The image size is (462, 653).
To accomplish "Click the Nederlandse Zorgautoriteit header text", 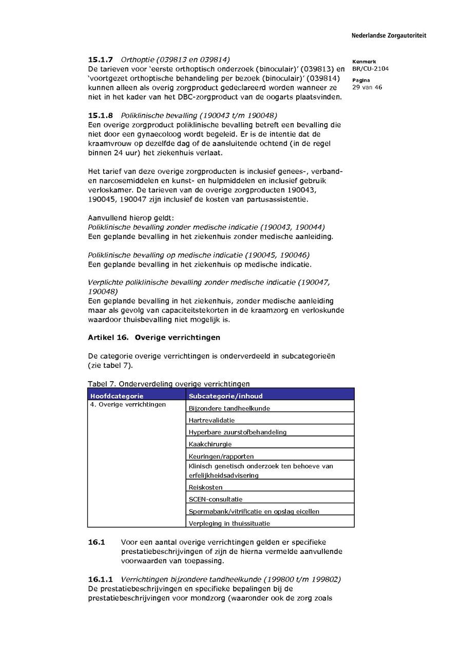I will pyautogui.click(x=389, y=36).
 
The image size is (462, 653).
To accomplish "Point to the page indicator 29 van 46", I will pyautogui.click(x=367, y=87).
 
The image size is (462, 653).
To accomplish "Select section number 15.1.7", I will pyautogui.click(x=101, y=60).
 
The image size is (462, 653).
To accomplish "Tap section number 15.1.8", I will pyautogui.click(x=101, y=115).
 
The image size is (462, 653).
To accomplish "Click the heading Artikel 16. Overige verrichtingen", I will pyautogui.click(x=154, y=338).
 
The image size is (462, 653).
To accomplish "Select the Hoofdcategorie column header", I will pyautogui.click(x=117, y=396).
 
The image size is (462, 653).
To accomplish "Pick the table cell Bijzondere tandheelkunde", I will pyautogui.click(x=229, y=408).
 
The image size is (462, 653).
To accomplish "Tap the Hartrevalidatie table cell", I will pyautogui.click(x=211, y=420).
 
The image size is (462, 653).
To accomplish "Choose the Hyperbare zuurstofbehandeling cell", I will pyautogui.click(x=237, y=432).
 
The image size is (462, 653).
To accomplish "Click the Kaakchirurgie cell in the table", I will pyautogui.click(x=210, y=444).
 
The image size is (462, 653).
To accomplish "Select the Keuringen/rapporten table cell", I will pyautogui.click(x=221, y=456).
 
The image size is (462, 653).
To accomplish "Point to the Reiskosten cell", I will pyautogui.click(x=205, y=487).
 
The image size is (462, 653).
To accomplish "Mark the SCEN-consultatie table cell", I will pyautogui.click(x=216, y=499).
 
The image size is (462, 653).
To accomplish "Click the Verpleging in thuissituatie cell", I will pyautogui.click(x=229, y=523).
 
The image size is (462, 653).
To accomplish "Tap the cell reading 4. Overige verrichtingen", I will pyautogui.click(x=128, y=405).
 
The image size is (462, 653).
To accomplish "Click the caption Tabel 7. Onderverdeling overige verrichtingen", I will pyautogui.click(x=169, y=384).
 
